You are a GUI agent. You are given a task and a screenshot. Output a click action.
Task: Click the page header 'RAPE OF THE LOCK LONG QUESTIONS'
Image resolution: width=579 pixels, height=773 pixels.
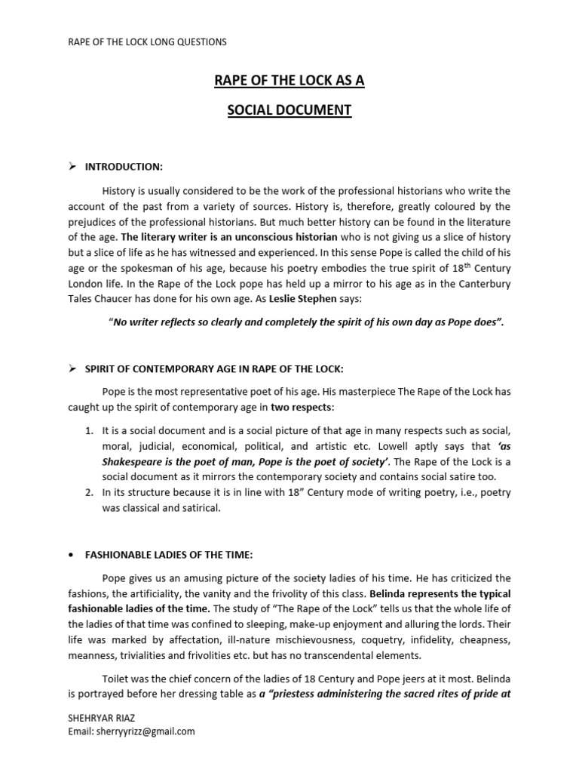[x=147, y=42]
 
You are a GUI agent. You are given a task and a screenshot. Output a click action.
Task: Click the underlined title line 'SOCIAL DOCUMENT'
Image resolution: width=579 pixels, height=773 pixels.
[x=289, y=110]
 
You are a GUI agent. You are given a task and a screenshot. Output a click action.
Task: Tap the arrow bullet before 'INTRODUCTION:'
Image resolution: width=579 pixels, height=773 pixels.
[x=73, y=166]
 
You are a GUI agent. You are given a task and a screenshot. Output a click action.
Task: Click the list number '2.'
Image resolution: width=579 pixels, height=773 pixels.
[x=89, y=492]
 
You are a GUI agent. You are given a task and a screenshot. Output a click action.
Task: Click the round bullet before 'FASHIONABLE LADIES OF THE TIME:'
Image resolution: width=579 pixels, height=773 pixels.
[x=71, y=556]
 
